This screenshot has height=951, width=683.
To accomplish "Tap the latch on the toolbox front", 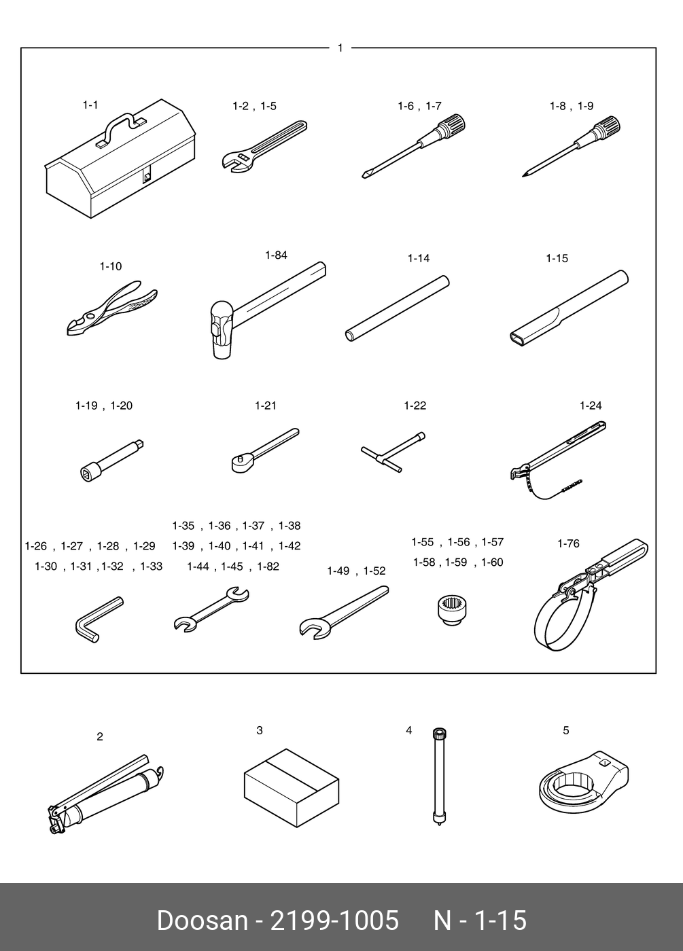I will pyautogui.click(x=147, y=177).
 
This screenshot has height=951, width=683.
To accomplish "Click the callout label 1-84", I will pyautogui.click(x=276, y=255).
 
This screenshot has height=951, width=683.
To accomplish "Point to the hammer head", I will pyautogui.click(x=222, y=331).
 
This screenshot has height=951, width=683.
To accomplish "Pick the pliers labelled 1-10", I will pyautogui.click(x=112, y=307).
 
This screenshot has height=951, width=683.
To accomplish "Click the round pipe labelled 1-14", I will pyautogui.click(x=398, y=308).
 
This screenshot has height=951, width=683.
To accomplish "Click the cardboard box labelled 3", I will pyautogui.click(x=292, y=787).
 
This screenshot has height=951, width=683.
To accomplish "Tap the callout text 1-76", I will pyautogui.click(x=568, y=543).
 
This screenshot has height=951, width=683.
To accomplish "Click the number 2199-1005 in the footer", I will pyautogui.click(x=334, y=920).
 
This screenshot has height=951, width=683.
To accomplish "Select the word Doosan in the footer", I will pyautogui.click(x=202, y=920).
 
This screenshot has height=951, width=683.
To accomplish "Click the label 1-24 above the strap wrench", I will pyautogui.click(x=590, y=406).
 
